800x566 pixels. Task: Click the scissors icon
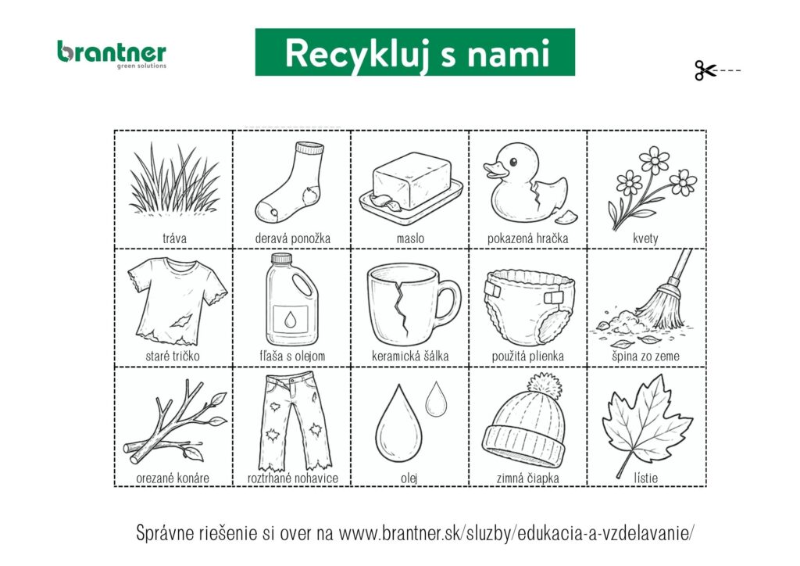705,70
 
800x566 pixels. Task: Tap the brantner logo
112,55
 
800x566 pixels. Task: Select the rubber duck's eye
513,162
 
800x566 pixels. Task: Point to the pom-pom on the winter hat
545,386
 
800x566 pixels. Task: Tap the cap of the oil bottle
281,259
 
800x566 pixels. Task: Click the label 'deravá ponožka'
292,238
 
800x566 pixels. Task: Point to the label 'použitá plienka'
527,356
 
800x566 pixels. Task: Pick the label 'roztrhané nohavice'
293,478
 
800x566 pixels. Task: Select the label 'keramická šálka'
410,356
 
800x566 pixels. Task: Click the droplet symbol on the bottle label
291,320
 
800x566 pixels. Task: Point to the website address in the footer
516,533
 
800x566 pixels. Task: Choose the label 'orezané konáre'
173,478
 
